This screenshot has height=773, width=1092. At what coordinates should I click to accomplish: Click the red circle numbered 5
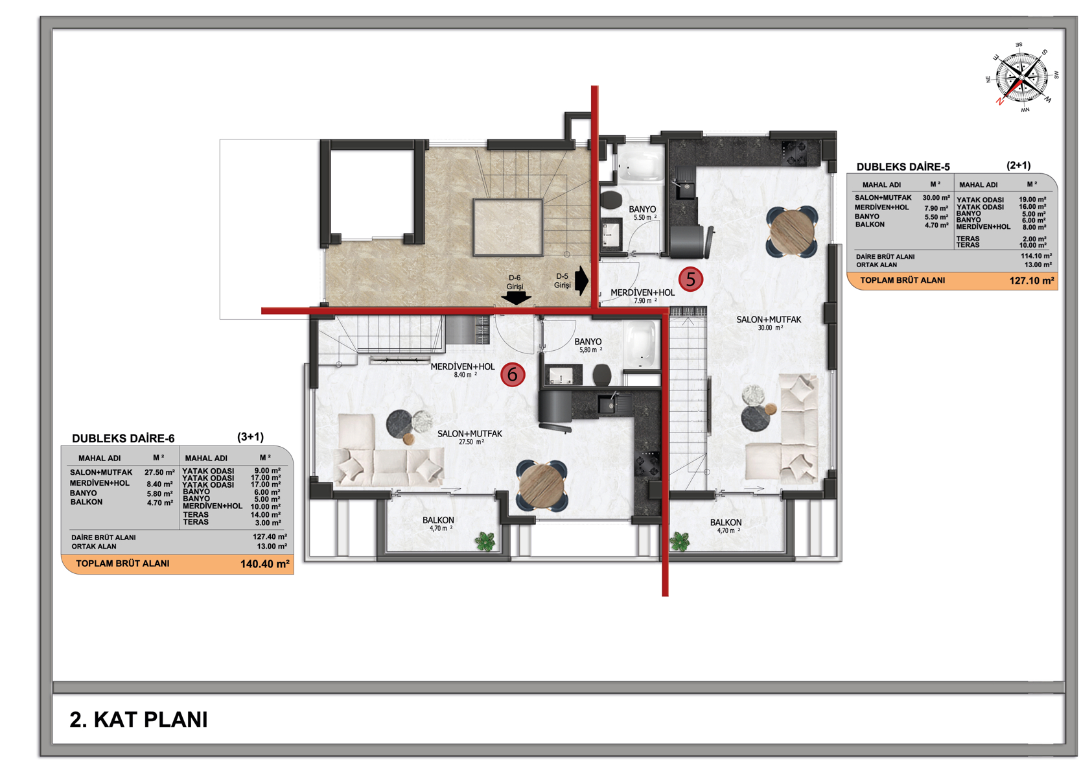(690, 279)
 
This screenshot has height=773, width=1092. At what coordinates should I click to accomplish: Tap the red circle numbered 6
(513, 375)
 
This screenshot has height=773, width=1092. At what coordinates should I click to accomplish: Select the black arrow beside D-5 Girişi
(581, 280)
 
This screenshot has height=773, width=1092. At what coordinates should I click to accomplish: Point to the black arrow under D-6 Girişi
(516, 298)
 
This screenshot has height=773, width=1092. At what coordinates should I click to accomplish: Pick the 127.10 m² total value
(1032, 280)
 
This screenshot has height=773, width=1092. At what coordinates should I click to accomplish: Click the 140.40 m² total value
(264, 564)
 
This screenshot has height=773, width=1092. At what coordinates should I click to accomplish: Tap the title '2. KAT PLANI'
(139, 719)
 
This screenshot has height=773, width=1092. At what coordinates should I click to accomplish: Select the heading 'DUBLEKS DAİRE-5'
(903, 167)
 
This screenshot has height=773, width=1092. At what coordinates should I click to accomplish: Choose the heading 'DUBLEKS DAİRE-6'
(123, 438)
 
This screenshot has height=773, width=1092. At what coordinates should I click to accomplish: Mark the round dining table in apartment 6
(542, 486)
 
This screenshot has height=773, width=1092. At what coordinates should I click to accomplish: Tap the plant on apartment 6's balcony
(485, 541)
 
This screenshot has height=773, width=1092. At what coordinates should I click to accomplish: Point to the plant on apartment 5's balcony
(679, 541)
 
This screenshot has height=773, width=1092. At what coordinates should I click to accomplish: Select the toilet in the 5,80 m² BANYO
(602, 375)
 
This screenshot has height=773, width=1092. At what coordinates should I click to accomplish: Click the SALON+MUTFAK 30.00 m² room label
(769, 324)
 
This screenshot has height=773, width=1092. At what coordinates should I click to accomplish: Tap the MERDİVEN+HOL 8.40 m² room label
(462, 370)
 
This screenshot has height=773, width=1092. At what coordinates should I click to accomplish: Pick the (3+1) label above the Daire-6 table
(251, 437)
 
